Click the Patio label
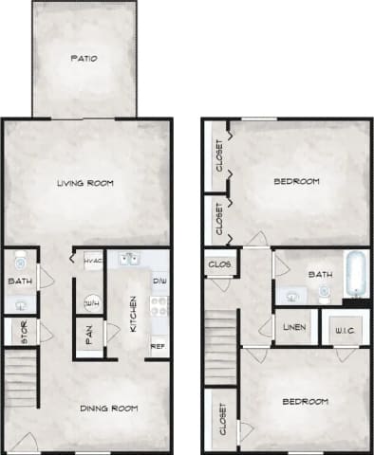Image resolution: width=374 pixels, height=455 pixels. tap(84, 59)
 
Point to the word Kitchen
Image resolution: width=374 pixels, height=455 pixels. tap(133, 310)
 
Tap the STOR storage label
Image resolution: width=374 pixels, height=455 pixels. tap(19, 332)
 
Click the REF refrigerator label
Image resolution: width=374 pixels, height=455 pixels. tap(159, 346)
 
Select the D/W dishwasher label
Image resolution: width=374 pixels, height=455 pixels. tap(159, 282)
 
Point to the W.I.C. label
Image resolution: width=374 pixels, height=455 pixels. tap(343, 331)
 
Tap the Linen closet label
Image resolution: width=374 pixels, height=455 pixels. tap(293, 329)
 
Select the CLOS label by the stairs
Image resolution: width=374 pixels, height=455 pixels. tap(217, 264)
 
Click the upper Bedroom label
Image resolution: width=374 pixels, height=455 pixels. tap(296, 181)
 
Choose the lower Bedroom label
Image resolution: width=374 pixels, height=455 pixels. tap(307, 401)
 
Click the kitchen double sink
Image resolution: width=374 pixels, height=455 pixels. tap(129, 258)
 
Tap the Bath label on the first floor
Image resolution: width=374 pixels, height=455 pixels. tap(19, 281)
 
